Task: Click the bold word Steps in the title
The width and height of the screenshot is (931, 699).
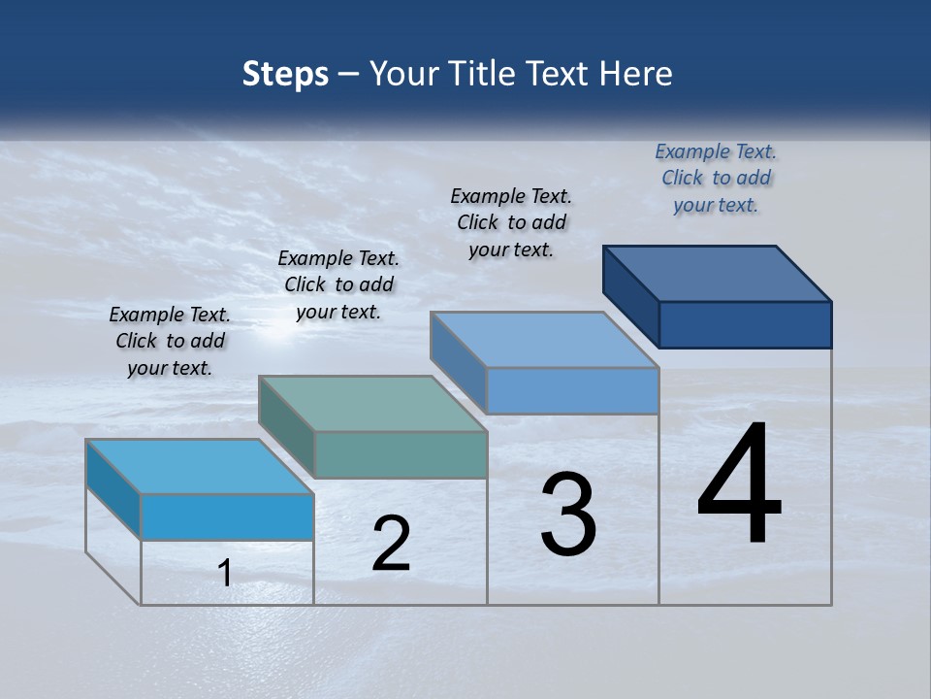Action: point(285,74)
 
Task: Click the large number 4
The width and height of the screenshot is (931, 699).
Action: point(739,485)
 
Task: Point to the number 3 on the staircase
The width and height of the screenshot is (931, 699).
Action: point(568,515)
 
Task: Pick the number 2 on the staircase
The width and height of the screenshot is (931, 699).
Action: point(391,544)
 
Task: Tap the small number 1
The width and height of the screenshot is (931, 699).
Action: point(225,573)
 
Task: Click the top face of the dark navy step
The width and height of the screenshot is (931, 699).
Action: point(718,273)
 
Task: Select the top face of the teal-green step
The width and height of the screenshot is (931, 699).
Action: point(372,403)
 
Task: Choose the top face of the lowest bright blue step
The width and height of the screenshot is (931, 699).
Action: point(200,466)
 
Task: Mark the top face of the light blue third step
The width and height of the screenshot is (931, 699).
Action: point(545,340)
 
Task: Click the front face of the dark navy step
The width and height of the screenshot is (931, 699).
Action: point(745,324)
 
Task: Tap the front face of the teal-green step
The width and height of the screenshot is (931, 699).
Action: point(401,454)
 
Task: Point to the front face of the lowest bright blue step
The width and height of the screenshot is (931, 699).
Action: point(227,516)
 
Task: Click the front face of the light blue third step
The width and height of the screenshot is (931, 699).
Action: point(572,390)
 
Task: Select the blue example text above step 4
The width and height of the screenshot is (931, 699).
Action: point(716,179)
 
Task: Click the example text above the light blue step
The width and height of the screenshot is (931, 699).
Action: point(511,222)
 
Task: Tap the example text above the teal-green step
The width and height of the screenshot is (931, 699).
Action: point(338,284)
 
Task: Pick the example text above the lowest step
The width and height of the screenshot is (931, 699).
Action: point(170,341)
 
